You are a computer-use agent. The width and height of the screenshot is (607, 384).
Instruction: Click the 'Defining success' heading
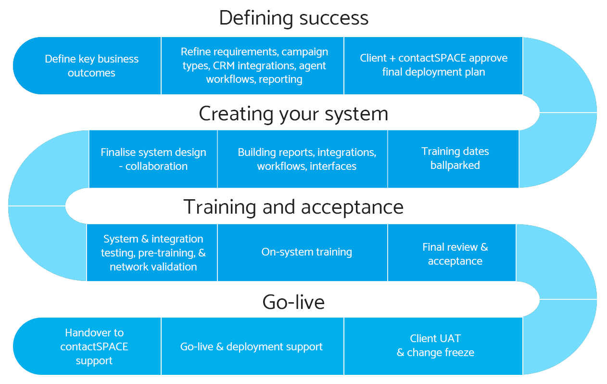click(293, 18)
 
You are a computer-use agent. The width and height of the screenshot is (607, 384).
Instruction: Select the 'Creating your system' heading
click(293, 114)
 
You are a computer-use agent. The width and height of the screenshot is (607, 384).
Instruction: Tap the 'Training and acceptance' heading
click(293, 207)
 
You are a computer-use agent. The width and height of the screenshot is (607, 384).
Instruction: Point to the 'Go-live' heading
click(293, 302)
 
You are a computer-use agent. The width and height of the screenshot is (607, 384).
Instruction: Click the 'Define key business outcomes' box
click(91, 66)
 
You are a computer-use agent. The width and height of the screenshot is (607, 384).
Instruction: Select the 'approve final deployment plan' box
click(433, 65)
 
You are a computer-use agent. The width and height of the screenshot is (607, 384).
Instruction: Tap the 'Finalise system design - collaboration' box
click(153, 159)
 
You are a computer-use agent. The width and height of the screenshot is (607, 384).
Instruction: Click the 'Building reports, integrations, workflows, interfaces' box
click(307, 159)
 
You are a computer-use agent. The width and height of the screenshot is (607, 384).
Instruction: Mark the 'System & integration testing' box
click(153, 253)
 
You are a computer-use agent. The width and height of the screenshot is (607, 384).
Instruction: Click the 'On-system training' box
click(307, 252)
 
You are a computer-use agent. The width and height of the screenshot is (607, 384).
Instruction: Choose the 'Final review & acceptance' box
click(455, 254)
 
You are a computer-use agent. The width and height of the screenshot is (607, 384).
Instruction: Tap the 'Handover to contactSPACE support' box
click(94, 346)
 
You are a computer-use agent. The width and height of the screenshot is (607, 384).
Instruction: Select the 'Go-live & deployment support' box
click(252, 346)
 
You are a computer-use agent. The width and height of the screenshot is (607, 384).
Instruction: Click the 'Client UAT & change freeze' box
click(435, 346)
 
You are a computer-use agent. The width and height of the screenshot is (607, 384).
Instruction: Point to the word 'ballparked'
click(455, 166)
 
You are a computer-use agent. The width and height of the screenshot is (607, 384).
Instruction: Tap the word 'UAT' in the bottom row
click(449, 338)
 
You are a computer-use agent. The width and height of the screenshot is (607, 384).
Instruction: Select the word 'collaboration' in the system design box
click(157, 166)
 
